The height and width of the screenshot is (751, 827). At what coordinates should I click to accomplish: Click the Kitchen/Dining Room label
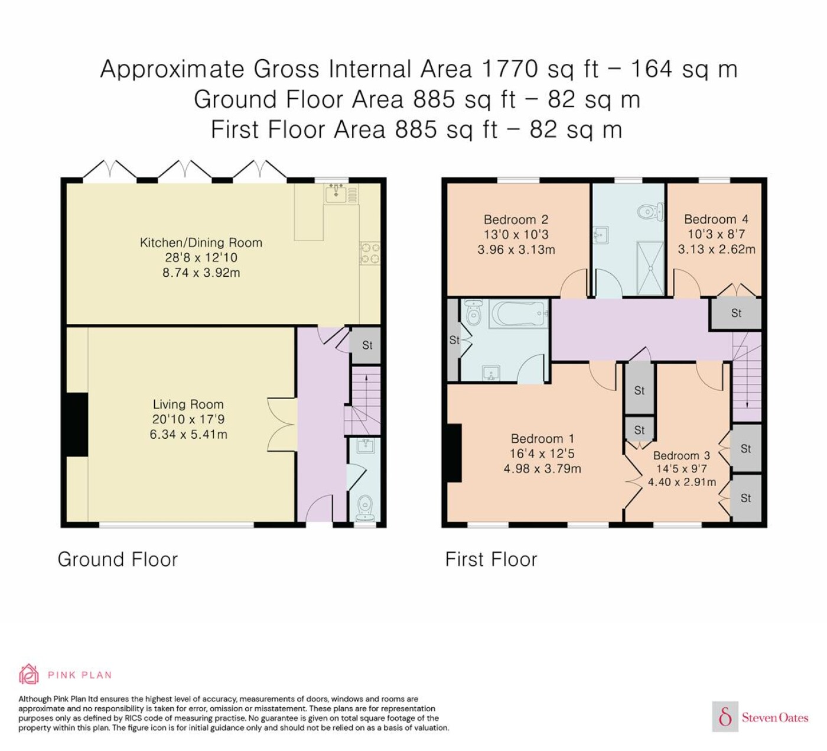(201, 242)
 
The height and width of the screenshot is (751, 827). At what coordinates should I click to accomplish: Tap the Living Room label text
(188, 404)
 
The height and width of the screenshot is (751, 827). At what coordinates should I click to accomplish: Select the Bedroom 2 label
(516, 219)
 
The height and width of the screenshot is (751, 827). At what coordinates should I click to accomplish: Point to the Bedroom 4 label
(717, 219)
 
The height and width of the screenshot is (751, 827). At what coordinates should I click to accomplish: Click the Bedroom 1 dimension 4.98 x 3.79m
(542, 468)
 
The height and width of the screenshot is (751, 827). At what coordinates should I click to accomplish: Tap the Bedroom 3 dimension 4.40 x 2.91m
(682, 482)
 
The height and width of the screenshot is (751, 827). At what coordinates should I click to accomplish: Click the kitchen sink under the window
(336, 193)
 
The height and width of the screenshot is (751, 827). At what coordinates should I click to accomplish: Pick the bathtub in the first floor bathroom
(519, 313)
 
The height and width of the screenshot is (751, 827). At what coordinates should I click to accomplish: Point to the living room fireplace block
(77, 425)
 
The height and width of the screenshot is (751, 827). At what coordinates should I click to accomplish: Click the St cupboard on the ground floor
(365, 345)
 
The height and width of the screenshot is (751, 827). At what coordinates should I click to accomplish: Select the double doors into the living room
(282, 424)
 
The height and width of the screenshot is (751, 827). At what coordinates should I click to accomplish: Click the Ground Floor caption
(118, 559)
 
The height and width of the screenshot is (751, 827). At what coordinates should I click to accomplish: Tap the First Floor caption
(491, 559)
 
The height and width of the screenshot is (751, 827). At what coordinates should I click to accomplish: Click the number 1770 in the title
(510, 69)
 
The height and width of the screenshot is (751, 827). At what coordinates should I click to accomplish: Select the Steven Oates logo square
(725, 716)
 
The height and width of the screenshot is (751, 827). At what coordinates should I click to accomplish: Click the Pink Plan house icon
(29, 674)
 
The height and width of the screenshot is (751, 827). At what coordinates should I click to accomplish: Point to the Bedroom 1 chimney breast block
(454, 453)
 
